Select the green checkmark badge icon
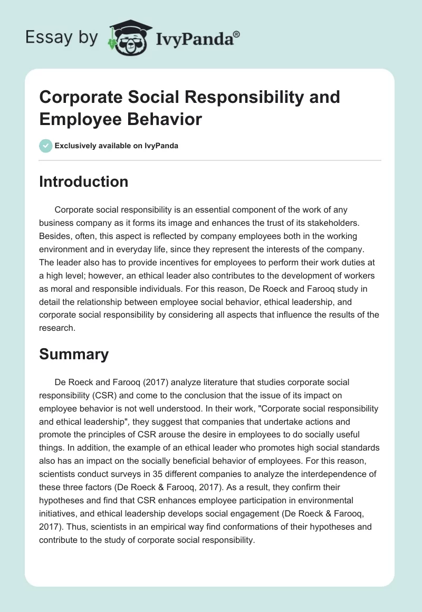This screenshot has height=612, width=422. [x=46, y=146]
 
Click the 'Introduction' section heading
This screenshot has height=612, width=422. [x=83, y=181]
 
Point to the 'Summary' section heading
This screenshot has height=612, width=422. [x=74, y=355]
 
